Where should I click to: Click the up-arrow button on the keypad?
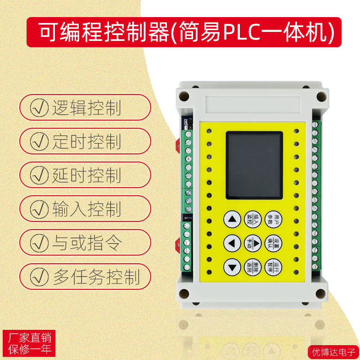tap(232, 220)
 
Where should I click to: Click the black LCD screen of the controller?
tap(254, 165)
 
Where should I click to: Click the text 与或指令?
tap(86, 243)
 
